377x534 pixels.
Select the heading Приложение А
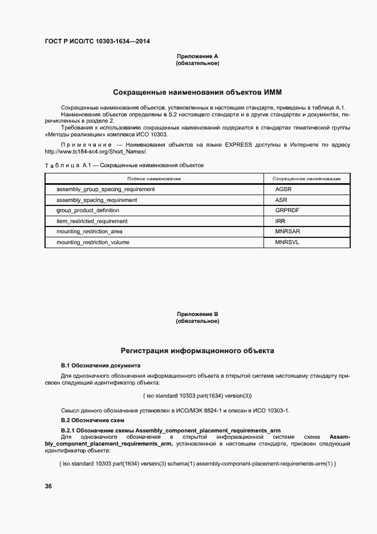click(197, 56)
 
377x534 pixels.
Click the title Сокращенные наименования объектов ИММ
click(197, 92)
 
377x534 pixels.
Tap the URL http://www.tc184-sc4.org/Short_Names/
click(96, 151)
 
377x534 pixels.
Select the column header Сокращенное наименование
click(307, 179)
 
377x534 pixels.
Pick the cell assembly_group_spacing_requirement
click(106, 189)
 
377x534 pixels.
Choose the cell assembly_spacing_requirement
click(96, 200)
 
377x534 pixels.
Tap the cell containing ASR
click(281, 200)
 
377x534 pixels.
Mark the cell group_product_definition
click(88, 211)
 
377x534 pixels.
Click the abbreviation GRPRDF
click(287, 211)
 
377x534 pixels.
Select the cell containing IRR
click(280, 221)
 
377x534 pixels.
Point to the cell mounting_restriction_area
click(89, 232)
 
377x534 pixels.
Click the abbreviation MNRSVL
click(287, 242)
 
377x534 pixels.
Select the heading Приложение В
click(197, 314)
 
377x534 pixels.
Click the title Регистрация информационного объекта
click(197, 350)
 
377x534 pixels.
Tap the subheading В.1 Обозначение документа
click(100, 365)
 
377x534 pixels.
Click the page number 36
click(48, 486)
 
